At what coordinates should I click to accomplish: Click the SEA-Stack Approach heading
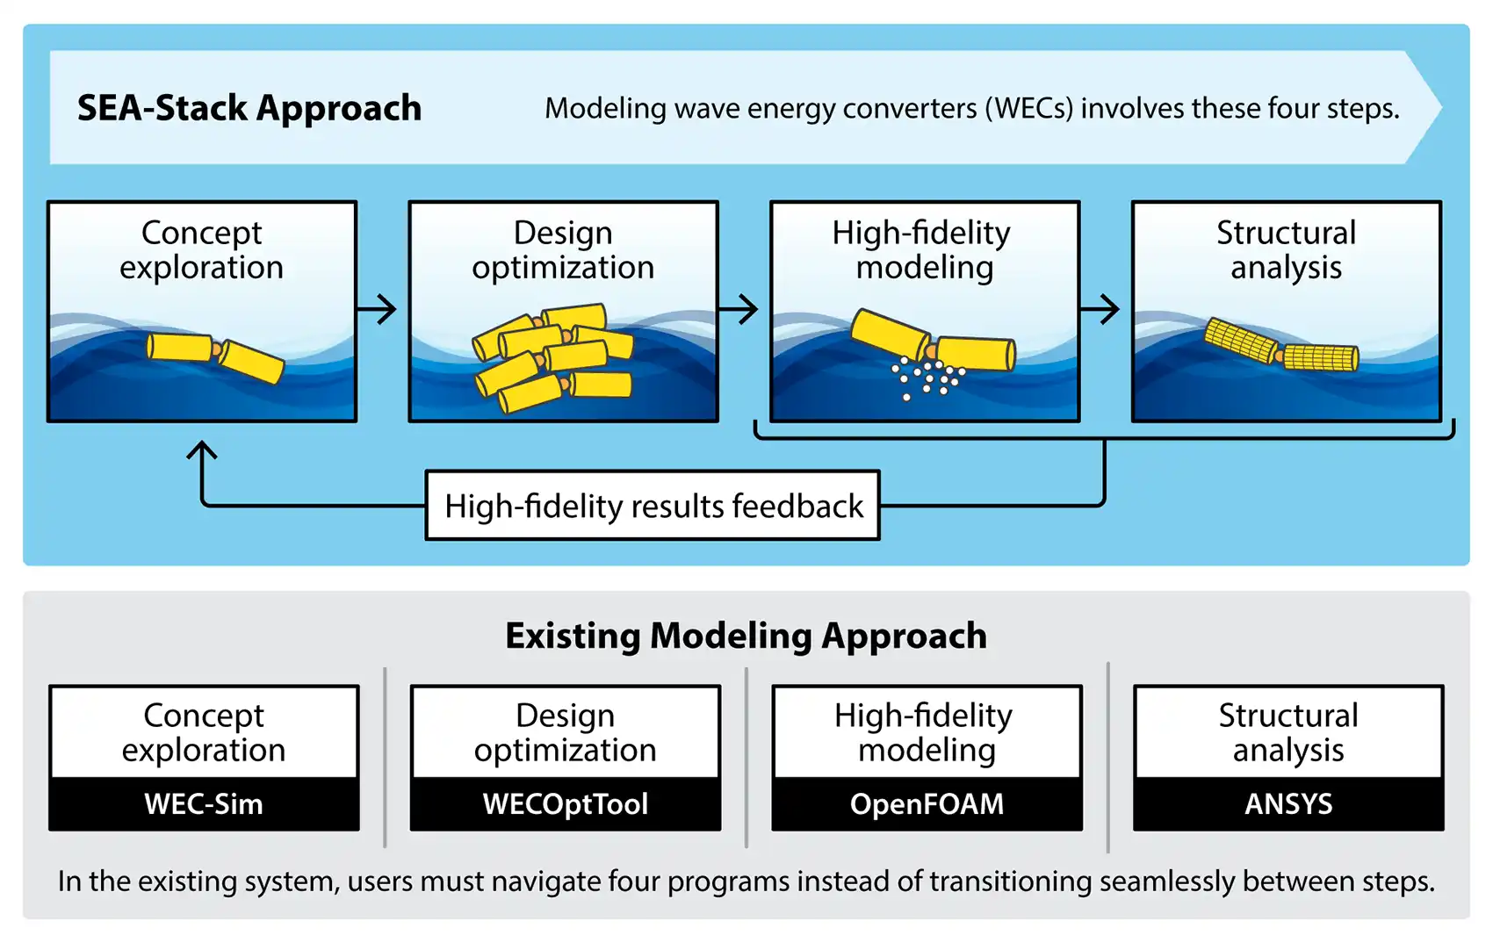[x=249, y=108]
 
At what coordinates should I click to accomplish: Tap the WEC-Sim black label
[x=204, y=803]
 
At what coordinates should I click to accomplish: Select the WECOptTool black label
[x=566, y=803]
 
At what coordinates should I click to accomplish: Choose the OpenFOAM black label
[x=927, y=803]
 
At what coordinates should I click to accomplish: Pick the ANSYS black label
[x=1288, y=803]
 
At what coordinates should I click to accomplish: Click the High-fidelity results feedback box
[x=653, y=506]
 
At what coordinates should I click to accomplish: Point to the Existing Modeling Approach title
[x=746, y=636]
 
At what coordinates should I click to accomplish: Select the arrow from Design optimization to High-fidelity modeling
[x=739, y=309]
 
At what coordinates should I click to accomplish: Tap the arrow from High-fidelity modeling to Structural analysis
[x=1101, y=309]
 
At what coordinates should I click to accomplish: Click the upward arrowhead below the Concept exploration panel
[x=202, y=451]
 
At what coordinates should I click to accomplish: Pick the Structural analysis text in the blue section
[x=1286, y=250]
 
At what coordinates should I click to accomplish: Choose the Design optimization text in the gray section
[x=566, y=733]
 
